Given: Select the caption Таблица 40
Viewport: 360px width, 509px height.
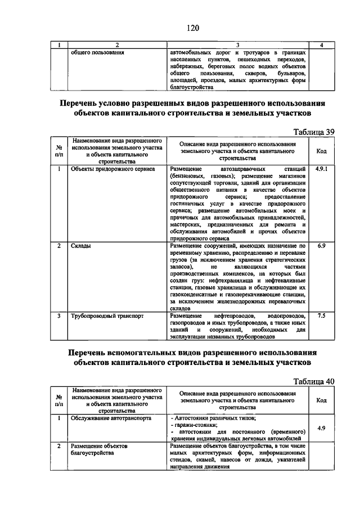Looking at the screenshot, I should [314, 381].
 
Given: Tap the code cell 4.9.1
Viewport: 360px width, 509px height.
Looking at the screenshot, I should [321, 168].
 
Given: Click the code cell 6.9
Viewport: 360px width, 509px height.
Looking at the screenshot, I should [321, 246].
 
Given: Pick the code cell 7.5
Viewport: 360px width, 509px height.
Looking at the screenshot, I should [321, 316].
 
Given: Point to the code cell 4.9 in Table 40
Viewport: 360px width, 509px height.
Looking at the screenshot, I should [321, 428].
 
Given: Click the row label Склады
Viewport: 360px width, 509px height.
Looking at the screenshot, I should [81, 246].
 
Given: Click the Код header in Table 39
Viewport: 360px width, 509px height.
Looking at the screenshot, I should [321, 151].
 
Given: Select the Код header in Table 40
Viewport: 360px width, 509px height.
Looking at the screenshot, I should [321, 400].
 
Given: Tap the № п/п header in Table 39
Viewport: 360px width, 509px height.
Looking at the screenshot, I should [59, 150].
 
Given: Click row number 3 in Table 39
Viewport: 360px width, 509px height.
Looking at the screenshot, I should [59, 316].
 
